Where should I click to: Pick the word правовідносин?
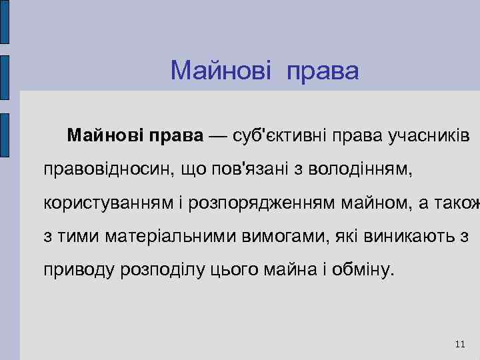coord(106,170)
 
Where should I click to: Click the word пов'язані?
coord(253,170)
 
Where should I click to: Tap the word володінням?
coord(360,170)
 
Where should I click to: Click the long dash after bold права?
coord(221,136)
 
